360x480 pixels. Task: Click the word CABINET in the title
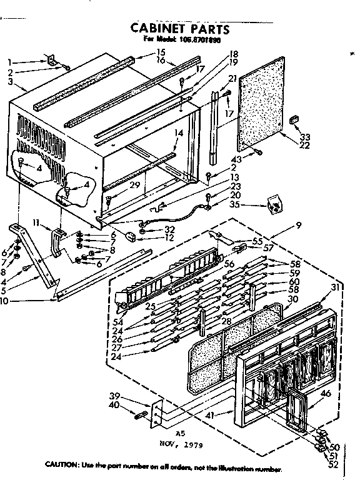[x=156, y=28]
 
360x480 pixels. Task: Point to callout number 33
[x=304, y=137]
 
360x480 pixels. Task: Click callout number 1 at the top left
[x=11, y=62]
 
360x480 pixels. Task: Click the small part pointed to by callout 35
[x=272, y=203]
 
